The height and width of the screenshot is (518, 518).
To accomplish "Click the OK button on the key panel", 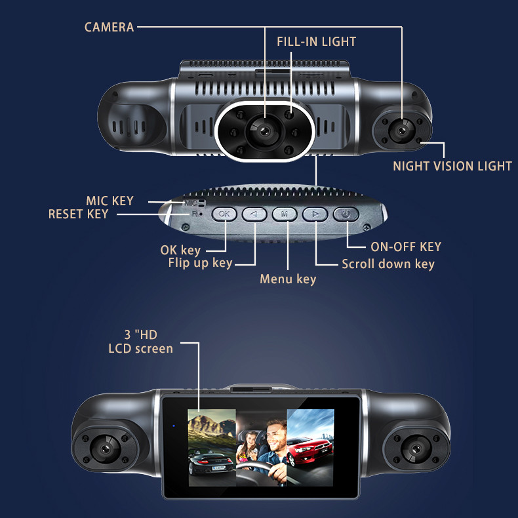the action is click(x=224, y=214).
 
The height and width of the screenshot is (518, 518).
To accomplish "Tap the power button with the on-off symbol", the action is click(x=346, y=214).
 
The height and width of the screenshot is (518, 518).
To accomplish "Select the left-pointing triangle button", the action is click(x=254, y=214).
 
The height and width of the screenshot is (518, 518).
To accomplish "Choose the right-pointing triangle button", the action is click(x=315, y=214).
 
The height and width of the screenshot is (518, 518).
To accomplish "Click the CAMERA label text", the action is click(x=109, y=27).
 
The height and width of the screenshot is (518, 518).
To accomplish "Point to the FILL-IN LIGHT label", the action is click(x=317, y=41).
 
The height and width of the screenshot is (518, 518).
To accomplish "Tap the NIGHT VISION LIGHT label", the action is click(x=452, y=166).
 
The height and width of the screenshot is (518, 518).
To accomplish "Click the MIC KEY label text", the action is click(x=110, y=201).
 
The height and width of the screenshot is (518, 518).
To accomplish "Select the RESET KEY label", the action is click(x=78, y=214).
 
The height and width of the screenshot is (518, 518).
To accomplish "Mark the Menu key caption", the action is click(x=288, y=279).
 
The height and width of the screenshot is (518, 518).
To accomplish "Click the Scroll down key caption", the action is click(x=388, y=264).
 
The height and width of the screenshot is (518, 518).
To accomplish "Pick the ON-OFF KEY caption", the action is click(x=406, y=247).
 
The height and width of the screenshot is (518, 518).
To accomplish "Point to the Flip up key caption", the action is click(x=200, y=263).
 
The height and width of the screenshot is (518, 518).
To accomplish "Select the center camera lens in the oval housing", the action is click(x=264, y=132).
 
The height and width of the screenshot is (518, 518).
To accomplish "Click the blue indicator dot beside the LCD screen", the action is click(x=174, y=426).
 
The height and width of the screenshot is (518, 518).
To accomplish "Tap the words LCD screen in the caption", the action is click(x=141, y=349).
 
